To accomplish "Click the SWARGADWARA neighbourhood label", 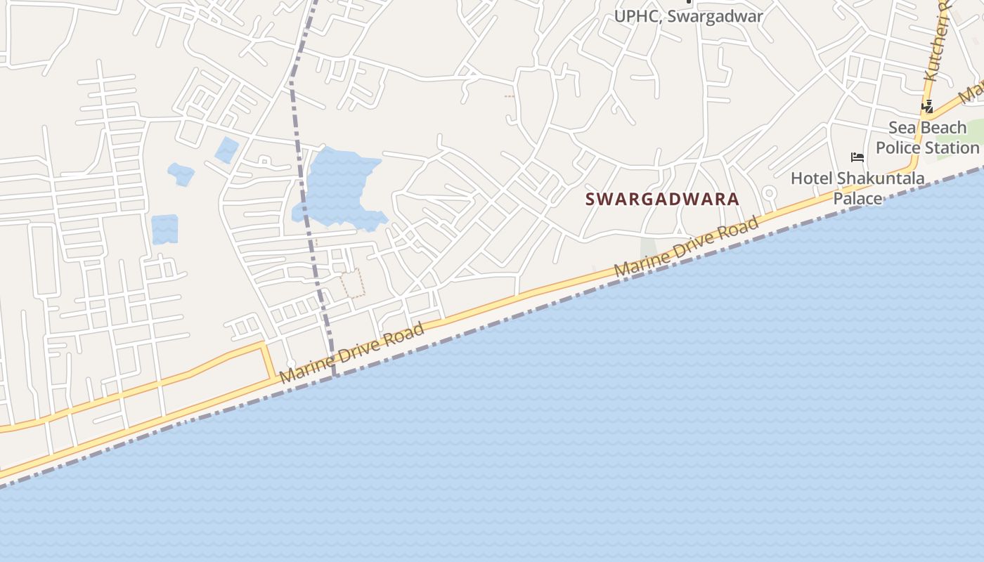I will coord(662,199).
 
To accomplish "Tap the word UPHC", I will coord(637,16).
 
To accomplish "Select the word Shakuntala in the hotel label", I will coord(881,178).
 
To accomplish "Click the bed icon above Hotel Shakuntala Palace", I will coord(857,157).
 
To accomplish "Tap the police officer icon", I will coord(928,107).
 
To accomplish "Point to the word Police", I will coord(899,148).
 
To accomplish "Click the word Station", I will coord(953,148).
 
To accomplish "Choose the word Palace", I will coord(857,198).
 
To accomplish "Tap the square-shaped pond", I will coord(164,229).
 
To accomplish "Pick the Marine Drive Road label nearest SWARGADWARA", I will coord(686,247).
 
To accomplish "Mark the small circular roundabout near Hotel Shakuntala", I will coord(769,192).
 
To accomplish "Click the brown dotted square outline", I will coord(353,282).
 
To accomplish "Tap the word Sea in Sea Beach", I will coord(902,128).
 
